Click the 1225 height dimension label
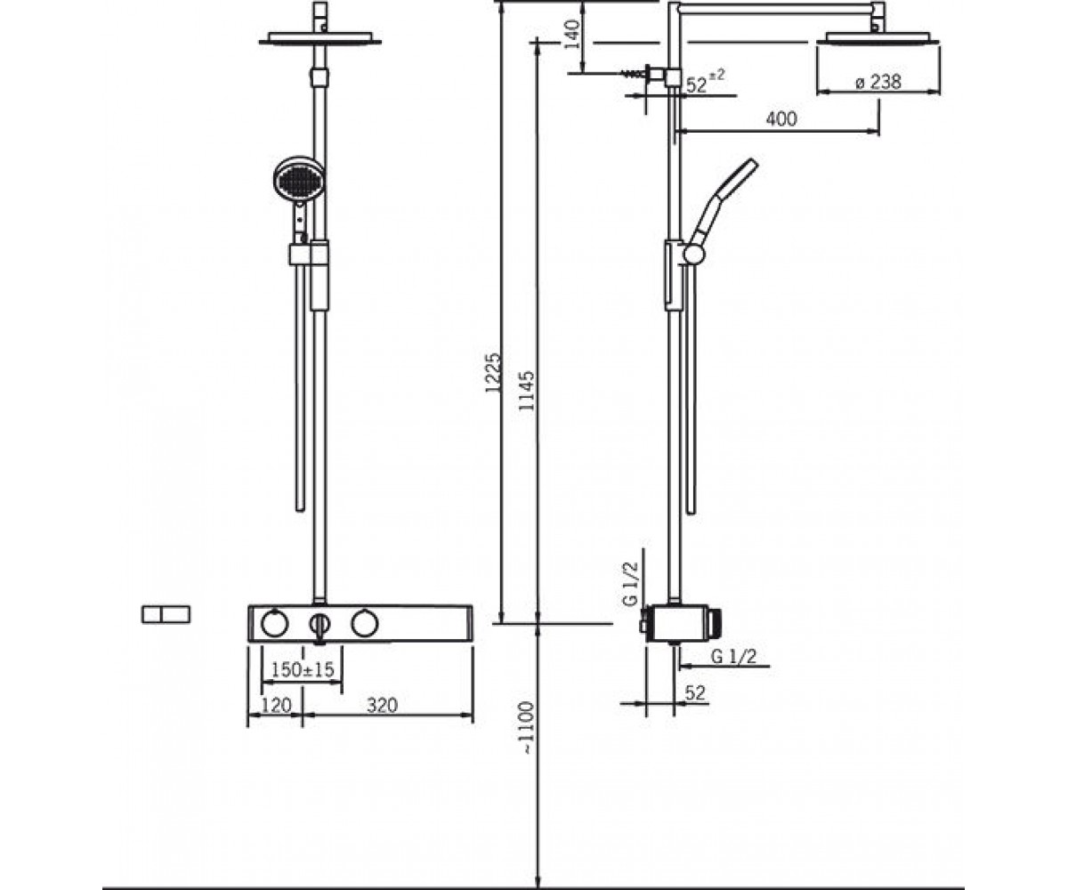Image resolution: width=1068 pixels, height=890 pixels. point(493,372)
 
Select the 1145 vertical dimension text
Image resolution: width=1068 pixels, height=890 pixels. point(526,390)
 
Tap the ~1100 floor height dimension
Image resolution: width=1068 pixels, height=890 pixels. point(526,727)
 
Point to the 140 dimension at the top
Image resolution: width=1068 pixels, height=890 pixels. point(574,34)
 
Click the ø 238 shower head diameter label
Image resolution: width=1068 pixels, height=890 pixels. point(878,82)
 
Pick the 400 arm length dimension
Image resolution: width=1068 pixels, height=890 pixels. point(781,119)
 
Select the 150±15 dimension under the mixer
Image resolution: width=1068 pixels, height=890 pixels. point(302,669)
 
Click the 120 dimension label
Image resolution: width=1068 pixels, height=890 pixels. point(276,706)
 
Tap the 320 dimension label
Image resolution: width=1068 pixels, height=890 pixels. point(382,706)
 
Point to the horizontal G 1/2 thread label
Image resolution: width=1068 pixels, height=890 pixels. point(733,656)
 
